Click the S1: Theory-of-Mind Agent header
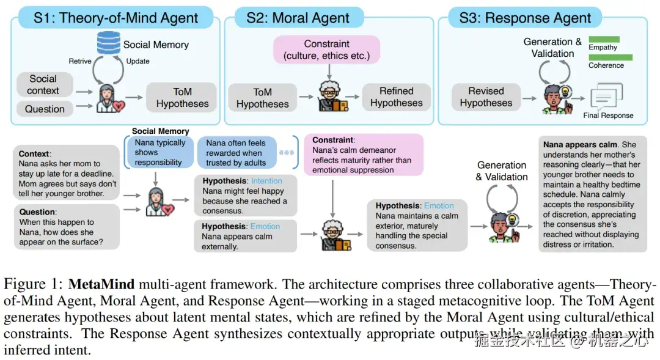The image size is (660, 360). (x=116, y=18)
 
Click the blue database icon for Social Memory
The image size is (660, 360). (x=108, y=43)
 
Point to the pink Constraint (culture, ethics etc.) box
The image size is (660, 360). (x=326, y=50)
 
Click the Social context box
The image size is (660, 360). (x=43, y=85)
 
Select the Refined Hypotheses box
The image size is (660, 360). (x=396, y=97)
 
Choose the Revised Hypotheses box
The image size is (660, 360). (x=486, y=97)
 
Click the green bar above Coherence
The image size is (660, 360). (x=610, y=57)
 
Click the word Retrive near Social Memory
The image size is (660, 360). (x=80, y=61)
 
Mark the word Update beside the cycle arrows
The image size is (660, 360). (x=137, y=61)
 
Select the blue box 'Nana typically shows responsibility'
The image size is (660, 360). (x=159, y=152)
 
